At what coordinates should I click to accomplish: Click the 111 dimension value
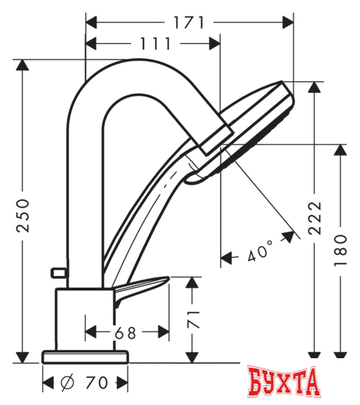click(154, 44)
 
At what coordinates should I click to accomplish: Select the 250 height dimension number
click(23, 215)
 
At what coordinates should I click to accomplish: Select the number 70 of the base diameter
click(96, 383)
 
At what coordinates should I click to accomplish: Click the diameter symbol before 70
click(66, 383)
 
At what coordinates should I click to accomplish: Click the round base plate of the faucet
click(85, 356)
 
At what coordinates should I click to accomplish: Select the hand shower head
click(253, 127)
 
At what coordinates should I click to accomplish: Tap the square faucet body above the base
click(85, 316)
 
